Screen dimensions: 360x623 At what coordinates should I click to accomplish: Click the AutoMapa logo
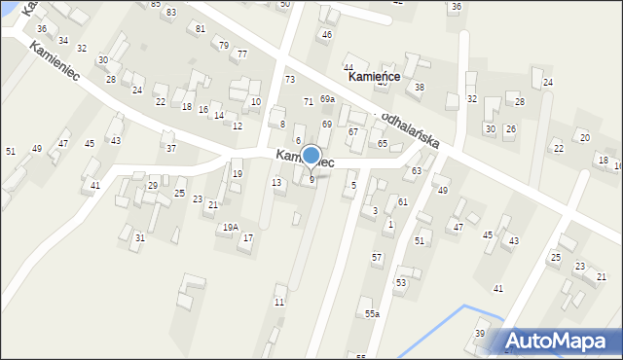561,341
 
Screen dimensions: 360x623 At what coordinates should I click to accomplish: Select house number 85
156,4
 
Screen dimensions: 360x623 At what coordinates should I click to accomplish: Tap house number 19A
230,227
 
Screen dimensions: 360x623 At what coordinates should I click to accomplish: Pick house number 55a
372,314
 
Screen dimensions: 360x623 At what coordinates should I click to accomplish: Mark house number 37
170,148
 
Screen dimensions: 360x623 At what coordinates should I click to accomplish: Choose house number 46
327,35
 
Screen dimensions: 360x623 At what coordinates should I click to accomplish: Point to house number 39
480,333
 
